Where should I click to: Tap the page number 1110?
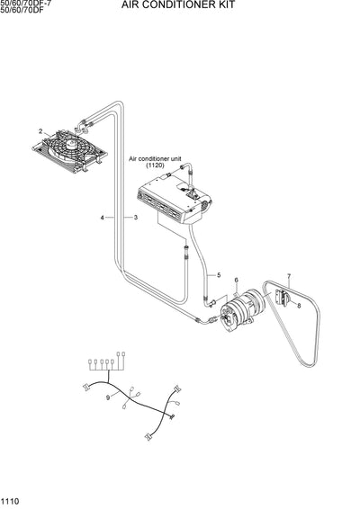point(12,501)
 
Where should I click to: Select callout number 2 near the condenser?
point(41,132)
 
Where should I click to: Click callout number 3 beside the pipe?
point(135,217)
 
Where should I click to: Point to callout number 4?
point(103,217)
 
